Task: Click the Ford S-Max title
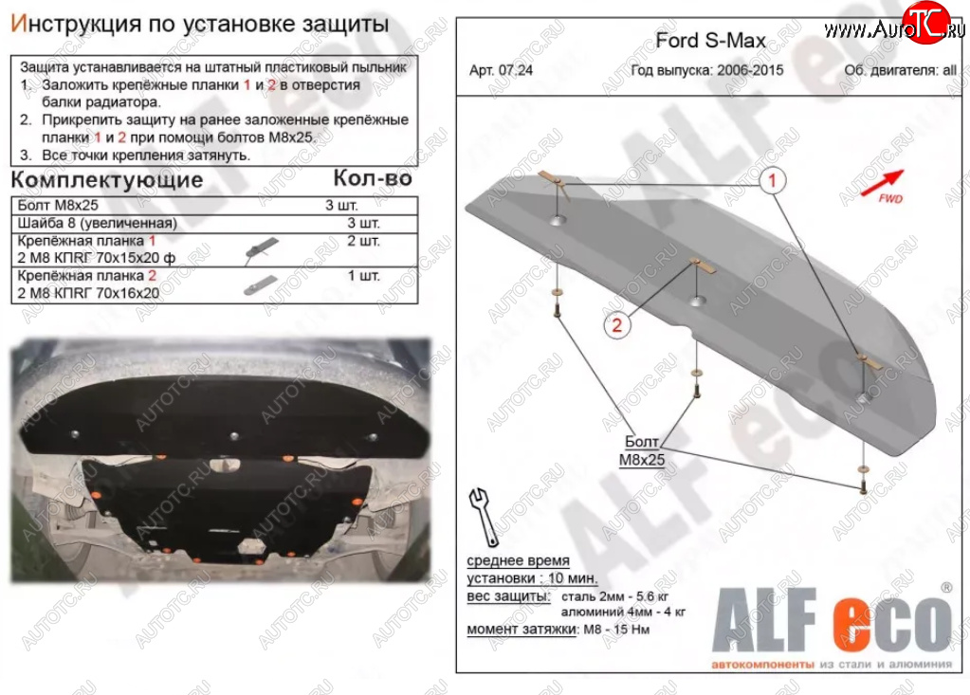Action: [711, 41]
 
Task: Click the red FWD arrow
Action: [882, 182]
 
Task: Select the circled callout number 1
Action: [772, 181]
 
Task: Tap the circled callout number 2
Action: [616, 324]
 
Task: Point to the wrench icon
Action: [484, 517]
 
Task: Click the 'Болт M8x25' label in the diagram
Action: [642, 450]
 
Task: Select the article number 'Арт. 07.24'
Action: [501, 70]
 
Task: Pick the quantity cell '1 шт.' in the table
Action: [364, 276]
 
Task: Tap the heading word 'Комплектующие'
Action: [107, 180]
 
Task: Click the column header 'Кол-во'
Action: [373, 178]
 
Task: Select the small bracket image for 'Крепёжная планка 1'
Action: [262, 249]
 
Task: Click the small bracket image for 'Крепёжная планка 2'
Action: [261, 285]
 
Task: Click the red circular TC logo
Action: [925, 23]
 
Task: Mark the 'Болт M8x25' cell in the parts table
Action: [58, 206]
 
